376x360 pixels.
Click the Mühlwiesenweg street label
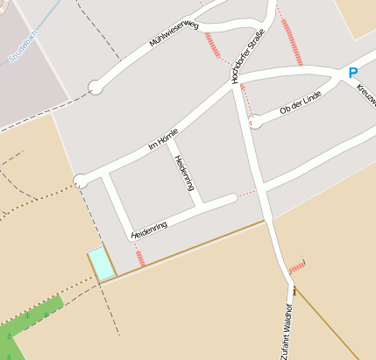pos(174,39)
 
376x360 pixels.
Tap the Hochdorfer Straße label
pos(248,56)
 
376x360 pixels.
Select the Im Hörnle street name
pos(163,139)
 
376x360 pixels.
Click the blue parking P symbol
pos(353,74)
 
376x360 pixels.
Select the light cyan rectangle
pos(102,264)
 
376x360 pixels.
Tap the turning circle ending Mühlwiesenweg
pos(96,88)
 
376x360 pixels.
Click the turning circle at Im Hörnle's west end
pos(81,181)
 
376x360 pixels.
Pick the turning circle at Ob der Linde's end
pos(256,122)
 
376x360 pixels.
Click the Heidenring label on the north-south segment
pos(183,173)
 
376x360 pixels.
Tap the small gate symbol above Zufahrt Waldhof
pos(294,290)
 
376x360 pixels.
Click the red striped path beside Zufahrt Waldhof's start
pos(298,265)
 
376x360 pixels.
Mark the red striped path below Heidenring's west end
pos(139,258)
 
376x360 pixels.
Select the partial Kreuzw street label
pos(365,90)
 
